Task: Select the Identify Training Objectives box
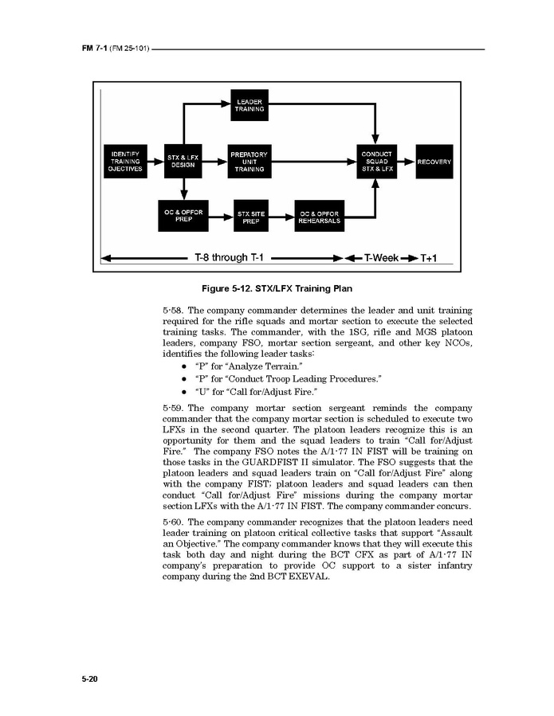126,162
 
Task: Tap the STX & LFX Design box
183,162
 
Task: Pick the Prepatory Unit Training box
249,162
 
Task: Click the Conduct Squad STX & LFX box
377,162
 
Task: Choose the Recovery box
434,162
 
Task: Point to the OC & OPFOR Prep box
183,216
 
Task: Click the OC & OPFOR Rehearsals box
320,217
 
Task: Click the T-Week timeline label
381,258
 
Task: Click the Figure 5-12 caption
277,288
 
